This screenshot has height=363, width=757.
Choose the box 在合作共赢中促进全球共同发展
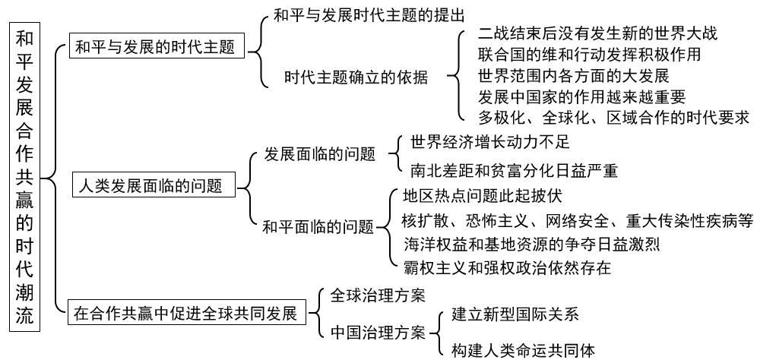(x=185, y=313)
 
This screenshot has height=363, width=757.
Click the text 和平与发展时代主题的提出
(x=369, y=14)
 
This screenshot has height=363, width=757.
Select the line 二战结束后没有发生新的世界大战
(x=597, y=34)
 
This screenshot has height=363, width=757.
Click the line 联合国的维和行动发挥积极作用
(x=589, y=55)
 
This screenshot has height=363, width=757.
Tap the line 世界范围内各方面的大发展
(x=573, y=76)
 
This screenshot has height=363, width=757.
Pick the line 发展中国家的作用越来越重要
(x=581, y=96)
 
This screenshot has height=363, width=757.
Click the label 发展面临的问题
(x=320, y=155)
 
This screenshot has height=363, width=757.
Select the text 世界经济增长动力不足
(x=489, y=141)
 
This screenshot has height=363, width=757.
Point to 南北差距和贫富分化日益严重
(x=514, y=170)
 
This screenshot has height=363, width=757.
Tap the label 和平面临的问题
(x=318, y=226)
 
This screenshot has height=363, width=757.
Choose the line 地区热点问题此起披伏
(x=483, y=197)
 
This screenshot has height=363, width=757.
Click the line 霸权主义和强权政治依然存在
(x=507, y=267)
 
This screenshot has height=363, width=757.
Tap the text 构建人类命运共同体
(x=523, y=350)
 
